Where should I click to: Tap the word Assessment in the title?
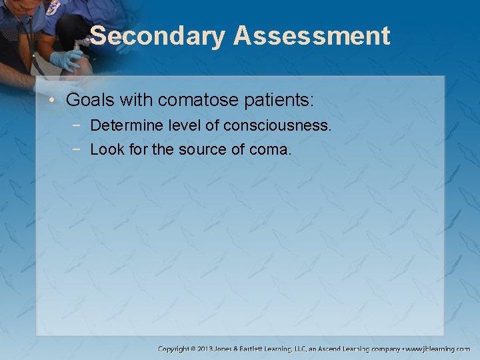pyautogui.click(x=311, y=36)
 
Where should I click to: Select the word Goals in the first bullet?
pyautogui.click(x=88, y=101)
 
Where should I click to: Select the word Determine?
pyautogui.click(x=125, y=126)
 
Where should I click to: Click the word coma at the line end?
pyautogui.click(x=269, y=150)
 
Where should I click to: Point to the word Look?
pyautogui.click(x=105, y=150)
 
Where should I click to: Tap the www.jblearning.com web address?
pyautogui.click(x=439, y=349)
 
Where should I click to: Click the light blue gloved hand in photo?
pyautogui.click(x=66, y=61)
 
